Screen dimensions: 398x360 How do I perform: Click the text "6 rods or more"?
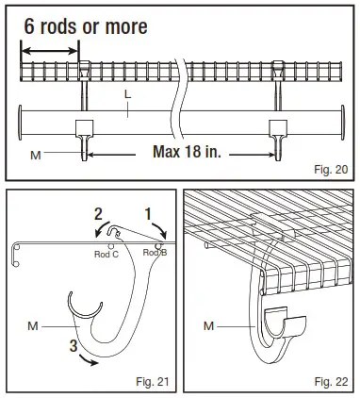pyautogui.click(x=86, y=26)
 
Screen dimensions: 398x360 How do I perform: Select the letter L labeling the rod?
pyautogui.click(x=127, y=95)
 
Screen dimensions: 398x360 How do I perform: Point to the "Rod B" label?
pyautogui.click(x=155, y=252)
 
